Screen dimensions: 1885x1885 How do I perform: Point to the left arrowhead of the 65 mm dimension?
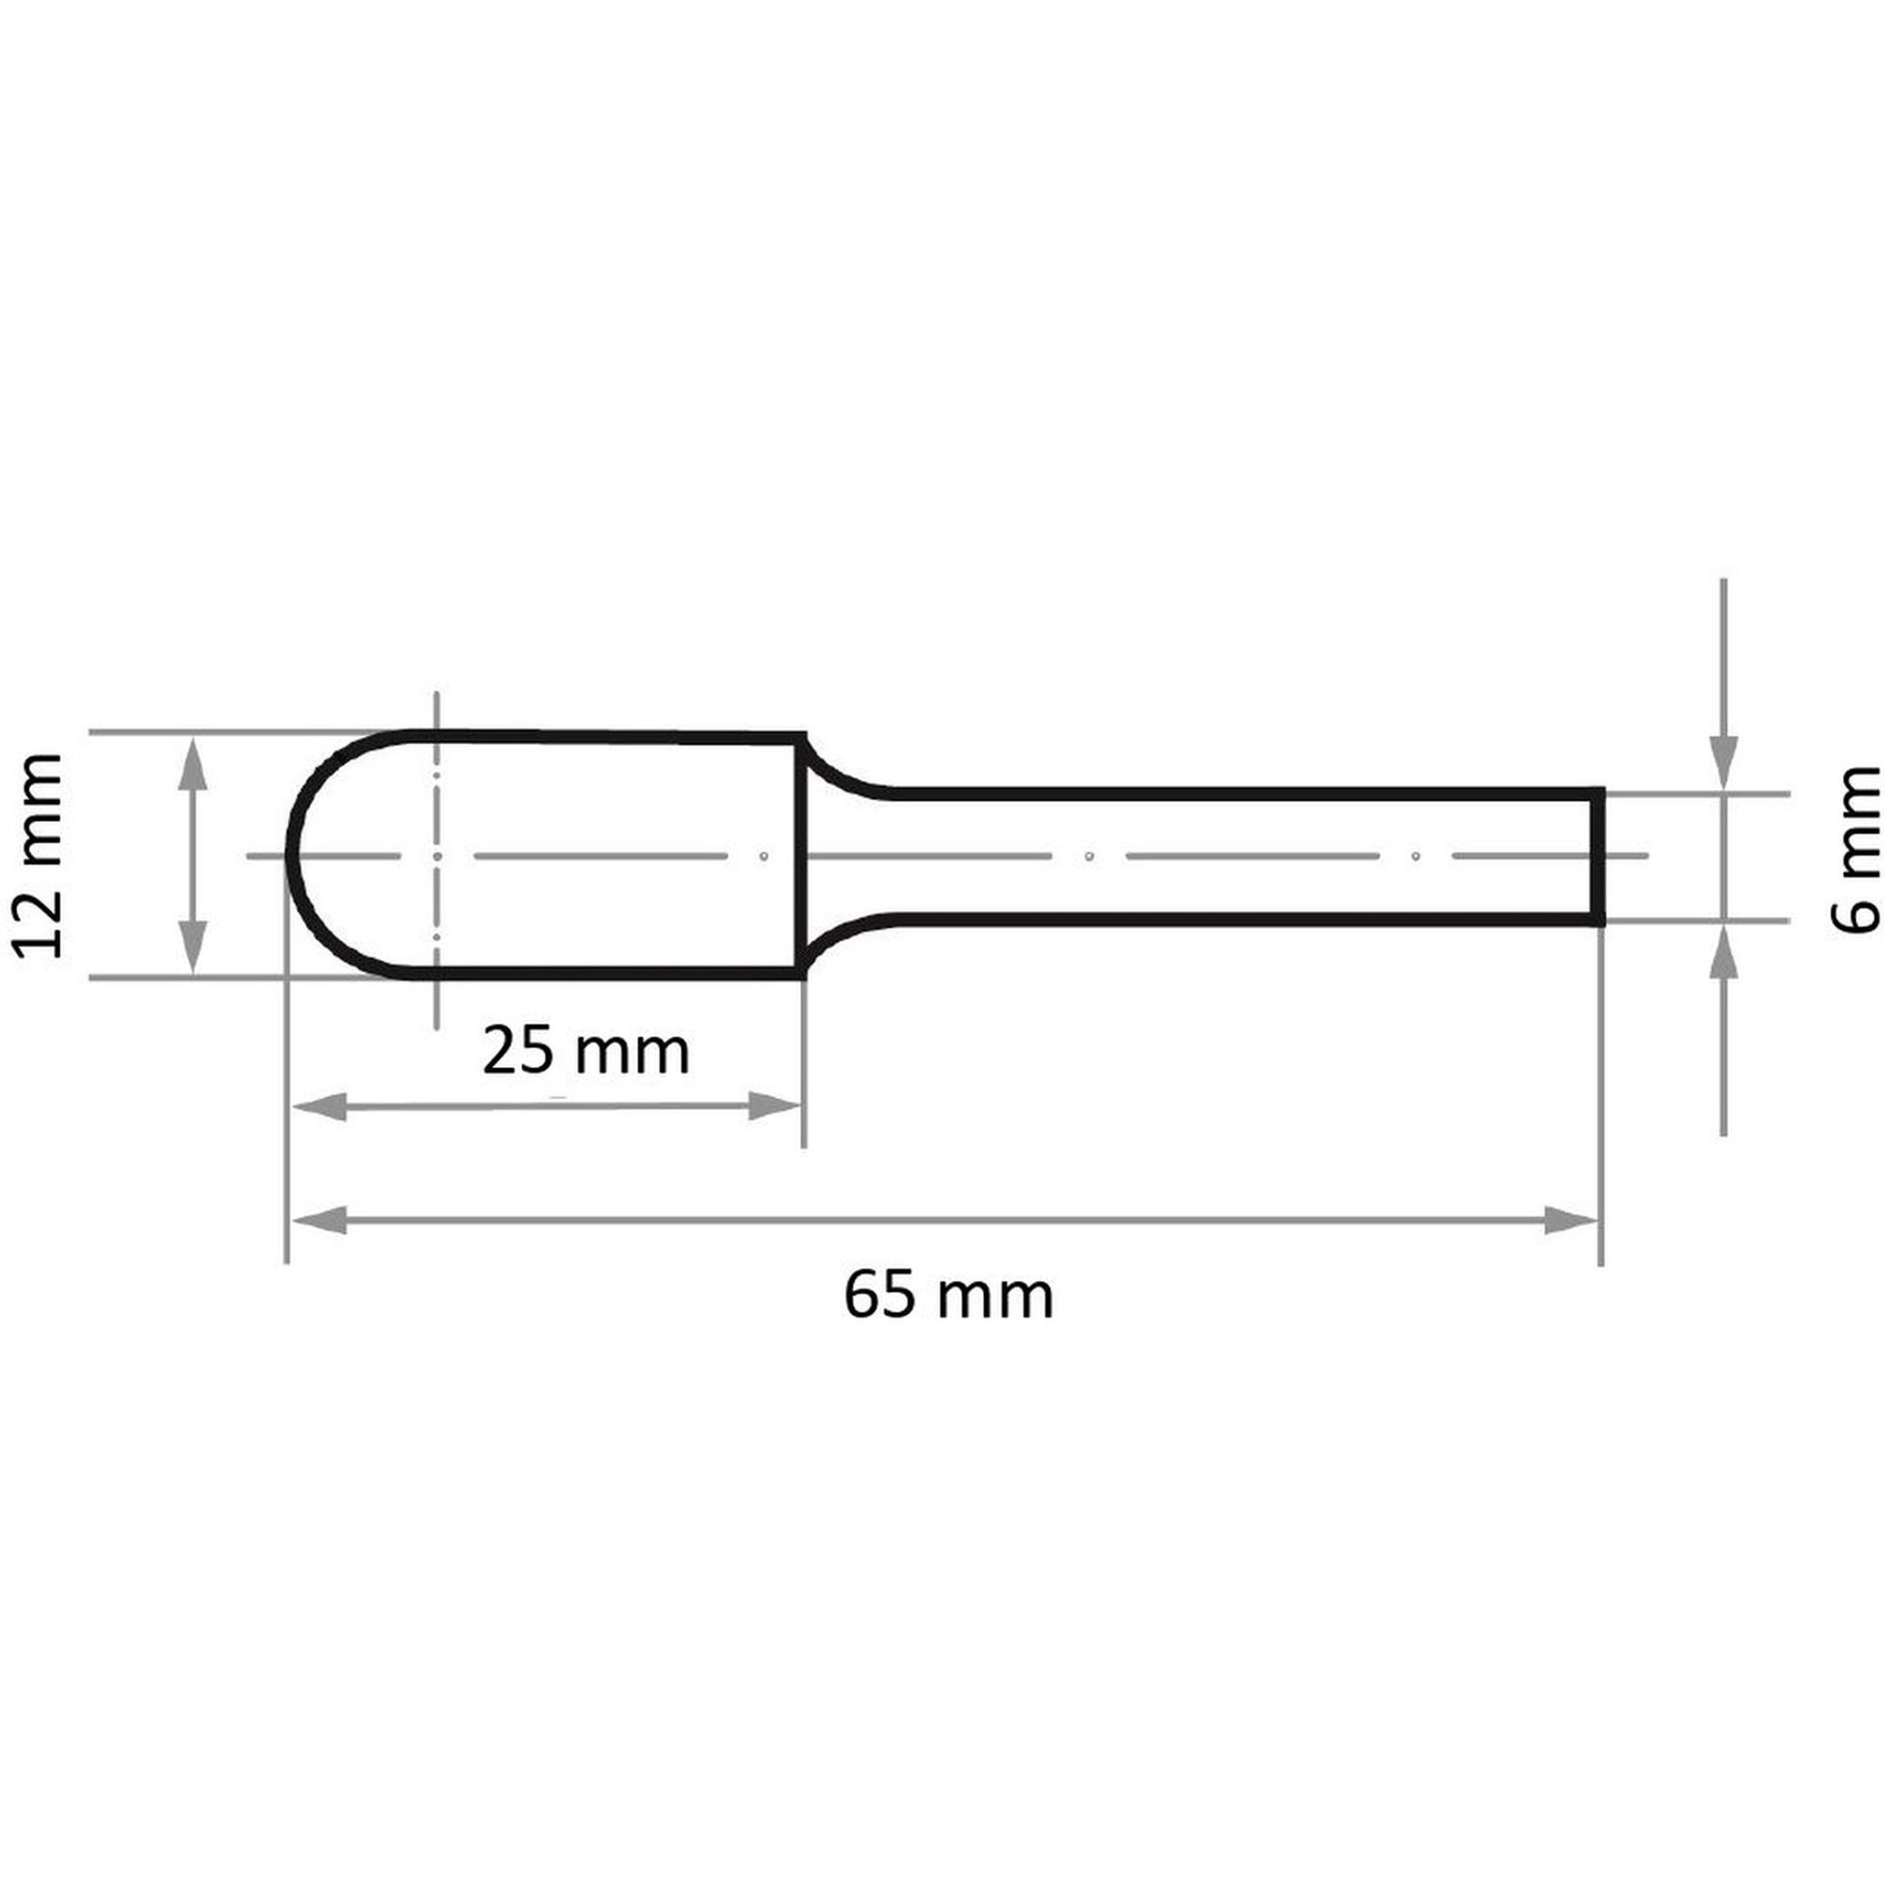point(320,1220)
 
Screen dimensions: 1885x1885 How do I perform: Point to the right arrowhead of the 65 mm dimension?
point(1572,1220)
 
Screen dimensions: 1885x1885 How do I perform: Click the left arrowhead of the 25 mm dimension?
point(320,1106)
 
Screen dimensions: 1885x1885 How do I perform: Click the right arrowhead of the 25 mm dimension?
point(775,1106)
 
